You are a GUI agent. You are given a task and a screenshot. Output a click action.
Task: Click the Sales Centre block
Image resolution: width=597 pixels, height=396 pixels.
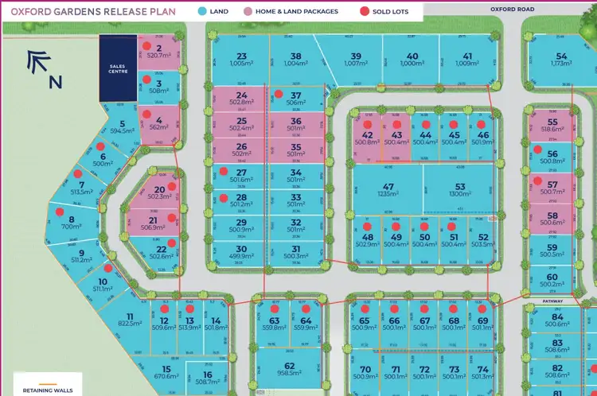click(117, 68)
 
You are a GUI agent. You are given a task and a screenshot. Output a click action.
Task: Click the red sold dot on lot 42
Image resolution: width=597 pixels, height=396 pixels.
click(367, 125)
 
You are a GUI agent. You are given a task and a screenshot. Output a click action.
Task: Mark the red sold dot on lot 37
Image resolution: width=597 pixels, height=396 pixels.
click(278, 94)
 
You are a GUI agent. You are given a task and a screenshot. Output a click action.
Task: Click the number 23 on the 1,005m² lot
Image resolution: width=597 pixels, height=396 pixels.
click(241, 56)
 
